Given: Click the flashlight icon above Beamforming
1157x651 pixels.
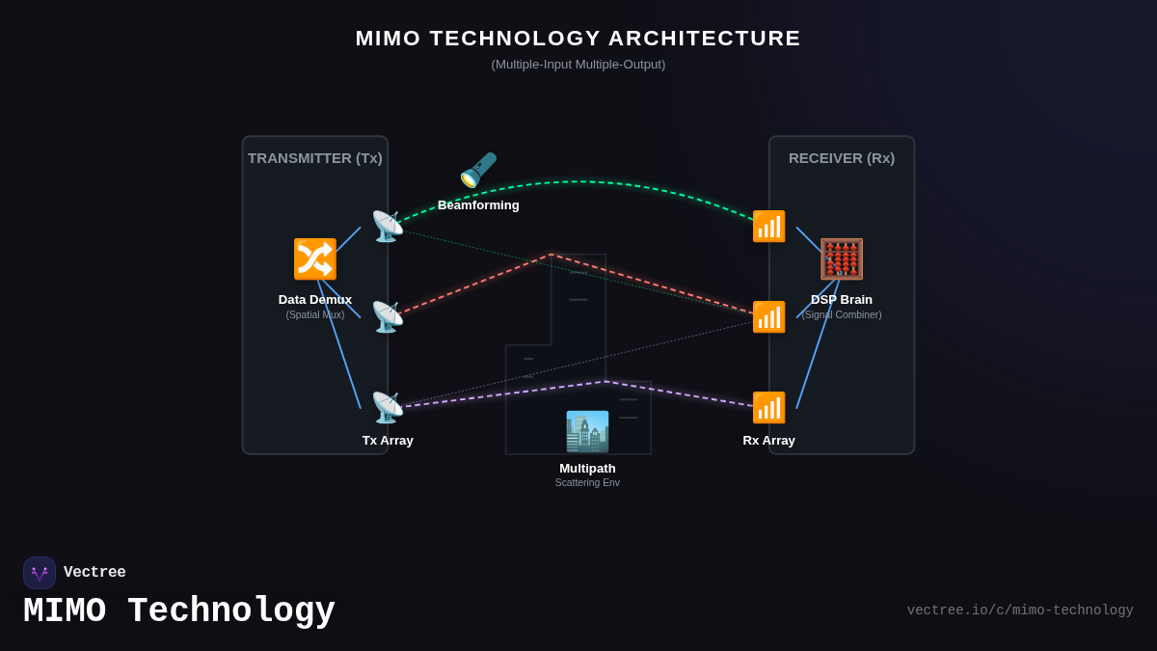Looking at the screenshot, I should point(478,170).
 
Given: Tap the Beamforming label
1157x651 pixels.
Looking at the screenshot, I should point(478,204).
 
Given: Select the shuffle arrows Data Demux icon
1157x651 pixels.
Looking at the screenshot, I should point(315,259).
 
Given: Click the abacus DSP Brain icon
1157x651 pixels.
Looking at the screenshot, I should point(842,259).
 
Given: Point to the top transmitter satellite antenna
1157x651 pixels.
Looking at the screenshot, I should point(388,227).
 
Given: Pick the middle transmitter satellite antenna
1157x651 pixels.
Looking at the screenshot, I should point(388,317).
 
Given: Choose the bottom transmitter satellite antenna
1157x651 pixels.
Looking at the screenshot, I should point(388,408).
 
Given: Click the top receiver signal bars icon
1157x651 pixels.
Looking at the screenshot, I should point(768,227).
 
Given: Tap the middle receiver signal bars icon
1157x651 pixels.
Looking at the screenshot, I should point(768,317).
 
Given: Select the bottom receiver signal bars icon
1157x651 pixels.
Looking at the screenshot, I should point(768,408).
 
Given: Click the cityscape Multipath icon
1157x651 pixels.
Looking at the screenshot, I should point(587,432).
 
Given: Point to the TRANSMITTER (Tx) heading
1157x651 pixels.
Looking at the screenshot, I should point(315,157).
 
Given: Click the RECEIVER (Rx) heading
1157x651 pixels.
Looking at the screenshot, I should point(842,157).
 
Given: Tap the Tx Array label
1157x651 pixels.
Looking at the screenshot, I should point(388,440).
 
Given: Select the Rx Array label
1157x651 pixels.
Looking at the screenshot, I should point(768,440).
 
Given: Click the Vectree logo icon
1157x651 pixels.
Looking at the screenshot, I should point(40,573).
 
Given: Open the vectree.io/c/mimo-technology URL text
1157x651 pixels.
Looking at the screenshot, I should point(1020,610).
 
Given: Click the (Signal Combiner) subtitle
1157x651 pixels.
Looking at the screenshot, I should point(842,314).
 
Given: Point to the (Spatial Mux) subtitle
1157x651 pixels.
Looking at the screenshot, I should point(315,314).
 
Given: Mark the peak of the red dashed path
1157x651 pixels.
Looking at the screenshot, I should point(552,255).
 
